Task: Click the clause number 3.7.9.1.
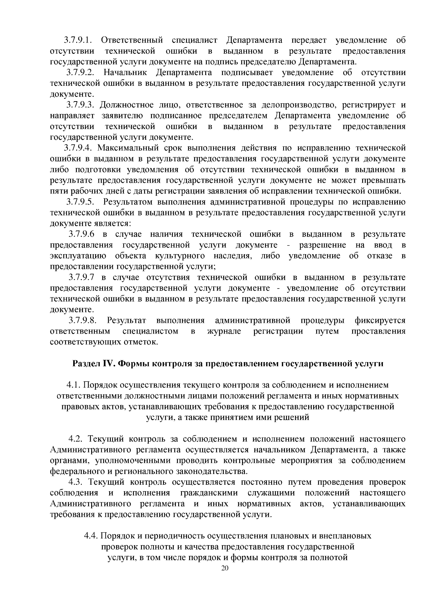(79, 40)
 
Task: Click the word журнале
(224, 331)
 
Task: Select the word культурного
(180, 256)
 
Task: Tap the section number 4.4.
(91, 536)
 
